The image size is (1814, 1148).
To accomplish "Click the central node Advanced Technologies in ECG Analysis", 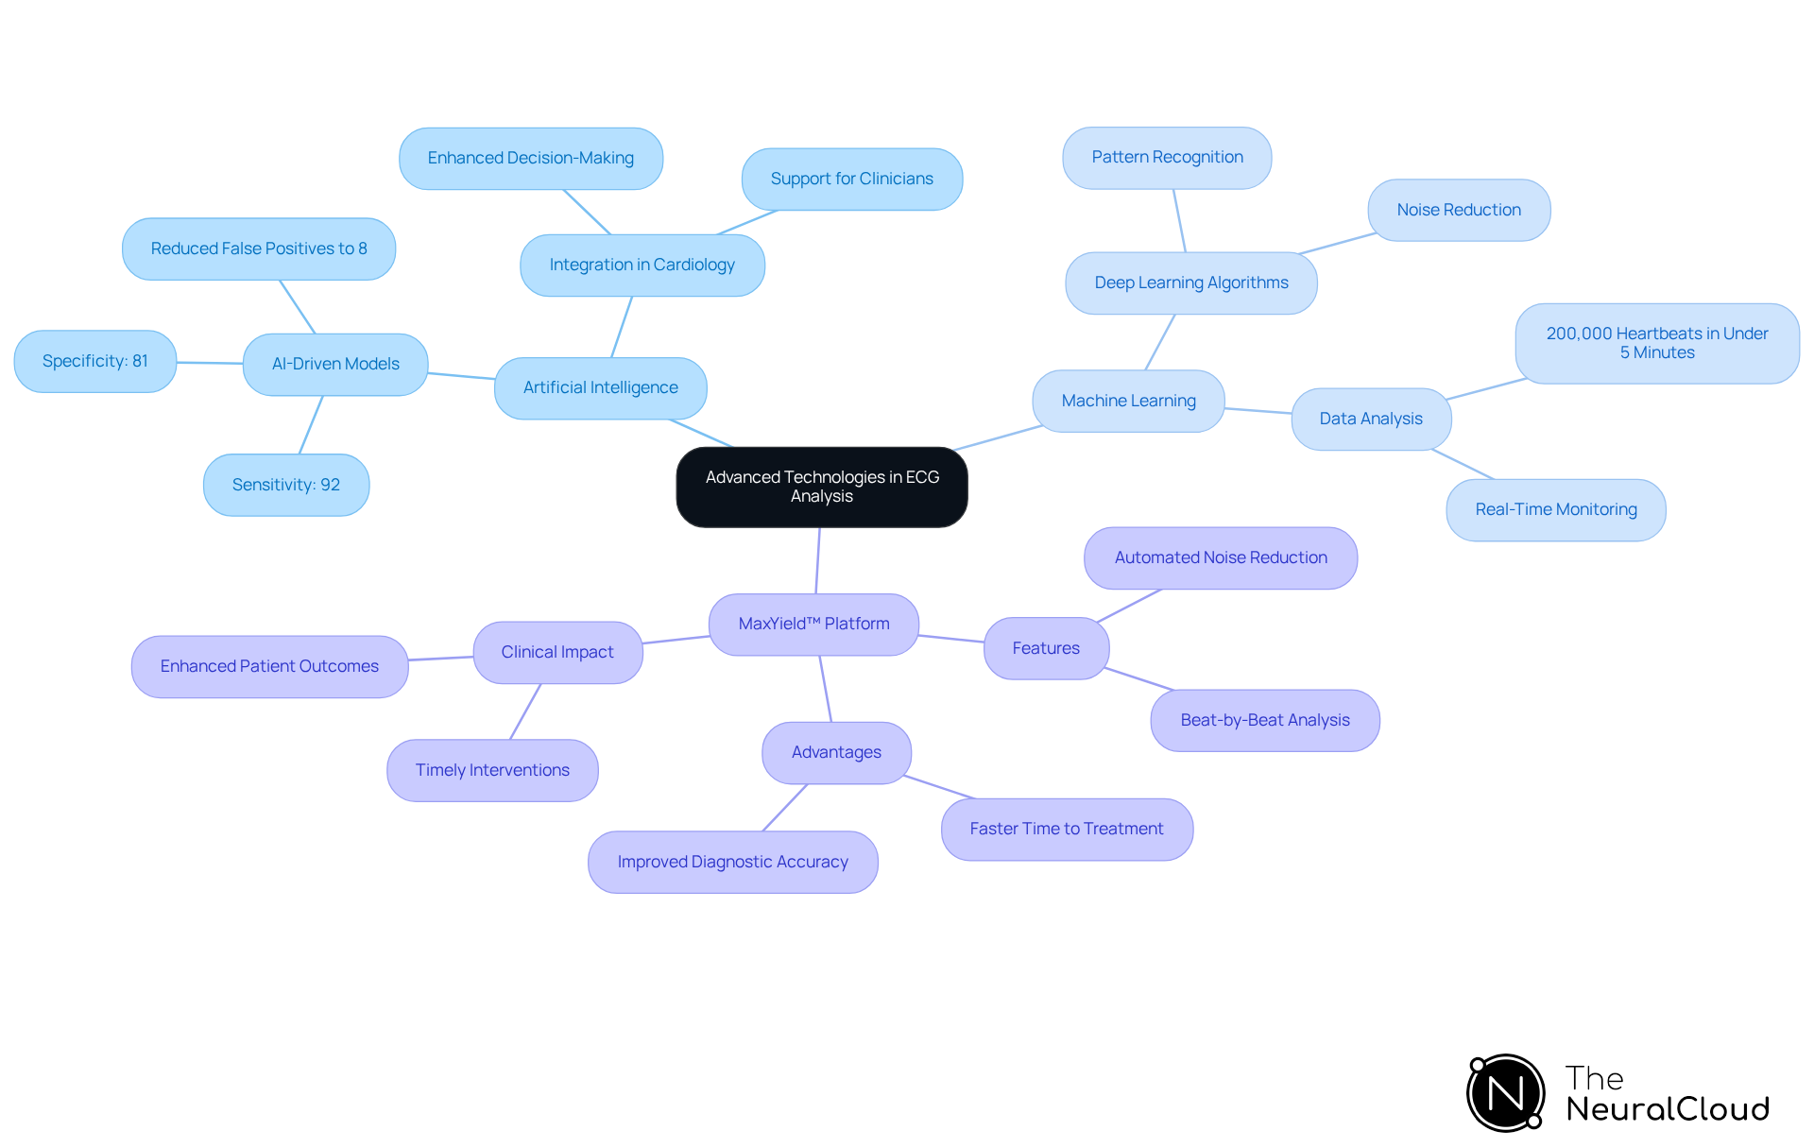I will point(821,487).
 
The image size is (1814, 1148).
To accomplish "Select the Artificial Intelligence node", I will point(600,387).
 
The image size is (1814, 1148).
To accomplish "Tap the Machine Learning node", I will point(1128,401).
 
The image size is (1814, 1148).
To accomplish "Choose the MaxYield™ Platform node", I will point(813,624).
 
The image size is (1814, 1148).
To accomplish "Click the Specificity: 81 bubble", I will point(94,361).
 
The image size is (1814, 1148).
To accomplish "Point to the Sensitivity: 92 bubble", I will point(285,485).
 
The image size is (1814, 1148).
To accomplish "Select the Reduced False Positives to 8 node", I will point(258,248).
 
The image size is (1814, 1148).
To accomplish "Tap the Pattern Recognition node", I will point(1167,157).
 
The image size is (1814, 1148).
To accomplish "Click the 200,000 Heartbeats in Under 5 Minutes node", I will point(1656,343).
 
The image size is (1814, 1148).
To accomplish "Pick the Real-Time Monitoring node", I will point(1555,509).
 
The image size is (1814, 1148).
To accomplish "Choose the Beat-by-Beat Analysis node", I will point(1264,720).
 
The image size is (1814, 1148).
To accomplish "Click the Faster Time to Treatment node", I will point(1066,829).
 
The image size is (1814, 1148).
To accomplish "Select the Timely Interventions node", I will point(492,770).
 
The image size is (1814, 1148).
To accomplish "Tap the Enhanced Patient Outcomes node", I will point(269,666).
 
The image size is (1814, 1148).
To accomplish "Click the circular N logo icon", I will point(1505,1093).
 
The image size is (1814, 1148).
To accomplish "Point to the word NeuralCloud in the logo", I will point(1667,1109).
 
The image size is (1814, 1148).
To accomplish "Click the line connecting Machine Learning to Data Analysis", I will point(1258,410).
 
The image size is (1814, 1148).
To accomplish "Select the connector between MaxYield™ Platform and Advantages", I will point(826,689).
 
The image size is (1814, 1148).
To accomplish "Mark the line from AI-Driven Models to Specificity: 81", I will point(210,362).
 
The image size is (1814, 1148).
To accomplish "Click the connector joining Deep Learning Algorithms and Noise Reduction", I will point(1337,243).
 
